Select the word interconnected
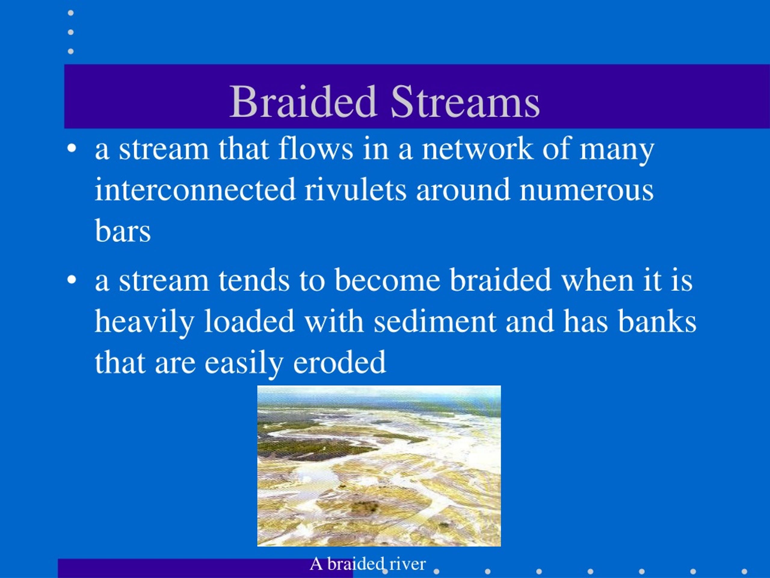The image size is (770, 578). [195, 190]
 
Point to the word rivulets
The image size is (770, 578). [356, 190]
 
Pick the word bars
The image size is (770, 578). [123, 230]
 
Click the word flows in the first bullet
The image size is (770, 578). [316, 149]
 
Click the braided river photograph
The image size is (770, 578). [379, 466]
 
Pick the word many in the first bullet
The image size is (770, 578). [617, 151]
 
